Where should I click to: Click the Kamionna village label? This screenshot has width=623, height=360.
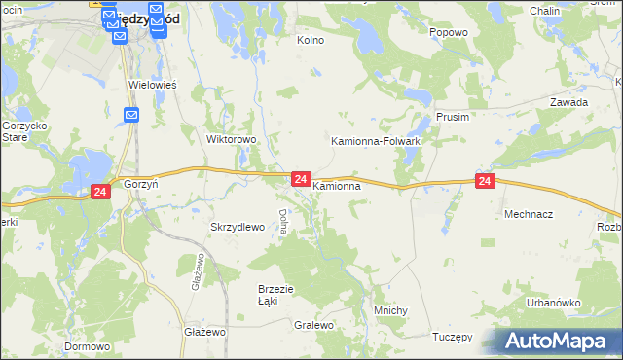click(338, 185)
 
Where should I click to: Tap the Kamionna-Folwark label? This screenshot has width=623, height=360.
click(376, 141)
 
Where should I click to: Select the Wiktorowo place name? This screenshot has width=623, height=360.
click(232, 139)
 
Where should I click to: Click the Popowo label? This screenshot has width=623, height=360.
click(449, 32)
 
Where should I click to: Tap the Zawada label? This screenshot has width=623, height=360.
click(568, 102)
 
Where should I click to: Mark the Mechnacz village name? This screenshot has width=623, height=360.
click(528, 212)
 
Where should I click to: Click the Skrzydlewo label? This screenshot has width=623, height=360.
click(238, 227)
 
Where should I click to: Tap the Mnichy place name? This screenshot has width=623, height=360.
click(390, 310)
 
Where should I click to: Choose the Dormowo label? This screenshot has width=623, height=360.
click(87, 345)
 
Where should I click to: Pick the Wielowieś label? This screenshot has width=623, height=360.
click(153, 85)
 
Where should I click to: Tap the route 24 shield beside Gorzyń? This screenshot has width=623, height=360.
click(100, 193)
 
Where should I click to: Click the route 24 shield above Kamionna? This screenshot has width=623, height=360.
click(301, 179)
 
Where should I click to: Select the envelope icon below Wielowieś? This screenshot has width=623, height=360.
click(132, 115)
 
